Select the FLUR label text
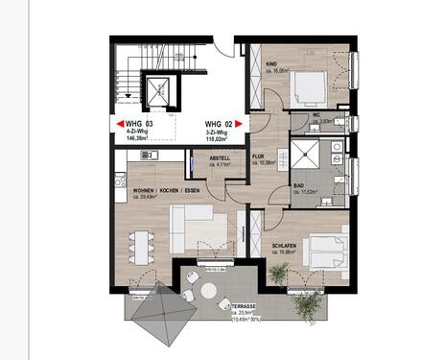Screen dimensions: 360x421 pos(260,156)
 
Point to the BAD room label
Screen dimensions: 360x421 pos(298,186)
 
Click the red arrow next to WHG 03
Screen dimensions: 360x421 pos(119,124)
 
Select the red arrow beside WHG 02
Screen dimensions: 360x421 pos(240,124)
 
